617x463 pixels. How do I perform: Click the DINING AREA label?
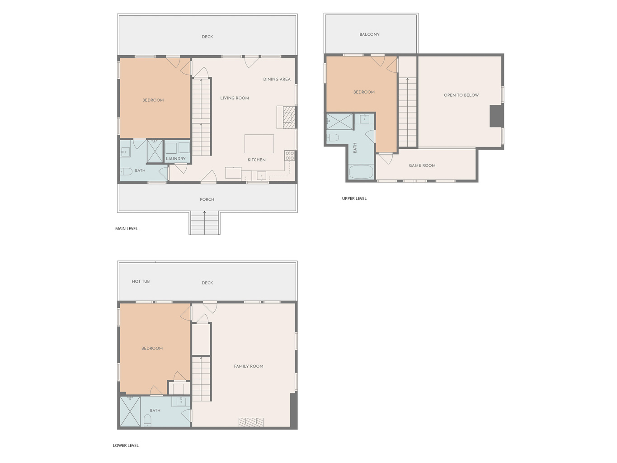277,79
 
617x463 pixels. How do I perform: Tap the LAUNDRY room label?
176,159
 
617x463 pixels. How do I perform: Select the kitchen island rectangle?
259,144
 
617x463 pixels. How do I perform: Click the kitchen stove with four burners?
290,156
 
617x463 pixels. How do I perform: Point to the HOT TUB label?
141,281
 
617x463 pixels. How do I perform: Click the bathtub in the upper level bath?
361,172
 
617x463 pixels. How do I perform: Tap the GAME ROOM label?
422,165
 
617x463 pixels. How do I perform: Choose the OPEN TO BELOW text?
461,95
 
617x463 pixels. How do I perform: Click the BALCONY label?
369,34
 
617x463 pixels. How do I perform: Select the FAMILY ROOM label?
249,366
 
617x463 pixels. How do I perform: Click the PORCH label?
207,199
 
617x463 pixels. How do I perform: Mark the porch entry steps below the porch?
204,223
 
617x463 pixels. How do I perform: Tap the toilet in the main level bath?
126,171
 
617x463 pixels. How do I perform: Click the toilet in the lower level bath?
147,420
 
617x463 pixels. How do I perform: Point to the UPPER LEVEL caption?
354,198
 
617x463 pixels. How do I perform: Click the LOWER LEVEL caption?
126,445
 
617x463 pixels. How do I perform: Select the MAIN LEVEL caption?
127,228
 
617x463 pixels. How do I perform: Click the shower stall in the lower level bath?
130,411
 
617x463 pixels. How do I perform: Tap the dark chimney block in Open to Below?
496,116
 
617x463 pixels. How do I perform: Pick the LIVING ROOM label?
235,98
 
